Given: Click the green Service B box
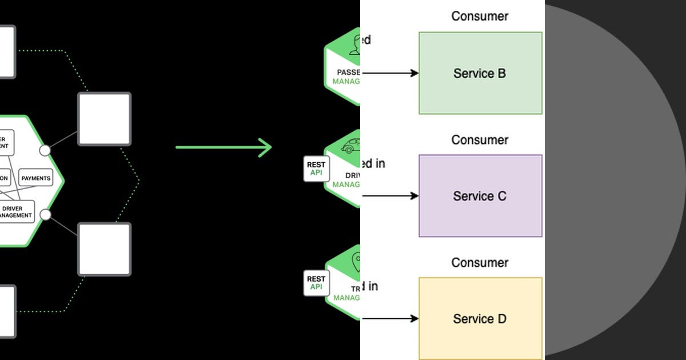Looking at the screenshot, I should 480,73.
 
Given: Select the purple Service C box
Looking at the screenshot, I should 480,196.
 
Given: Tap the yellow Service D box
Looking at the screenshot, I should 480,318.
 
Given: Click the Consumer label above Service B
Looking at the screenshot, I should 480,16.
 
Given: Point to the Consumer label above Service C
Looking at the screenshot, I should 480,140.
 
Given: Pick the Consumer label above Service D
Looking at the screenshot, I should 480,263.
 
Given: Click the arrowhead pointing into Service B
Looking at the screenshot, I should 414,73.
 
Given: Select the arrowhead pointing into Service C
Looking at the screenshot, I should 414,196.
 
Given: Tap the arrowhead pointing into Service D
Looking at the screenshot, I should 414,318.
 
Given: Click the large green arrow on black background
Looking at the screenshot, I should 224,147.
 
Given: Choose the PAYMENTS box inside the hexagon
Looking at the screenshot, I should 36,178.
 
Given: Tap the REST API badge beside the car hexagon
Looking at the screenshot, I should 316,169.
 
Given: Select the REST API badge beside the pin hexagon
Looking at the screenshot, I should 316,283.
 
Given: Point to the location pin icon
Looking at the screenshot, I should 356,262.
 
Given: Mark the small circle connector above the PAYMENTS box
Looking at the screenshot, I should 45,150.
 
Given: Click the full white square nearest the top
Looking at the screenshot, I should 104,119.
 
